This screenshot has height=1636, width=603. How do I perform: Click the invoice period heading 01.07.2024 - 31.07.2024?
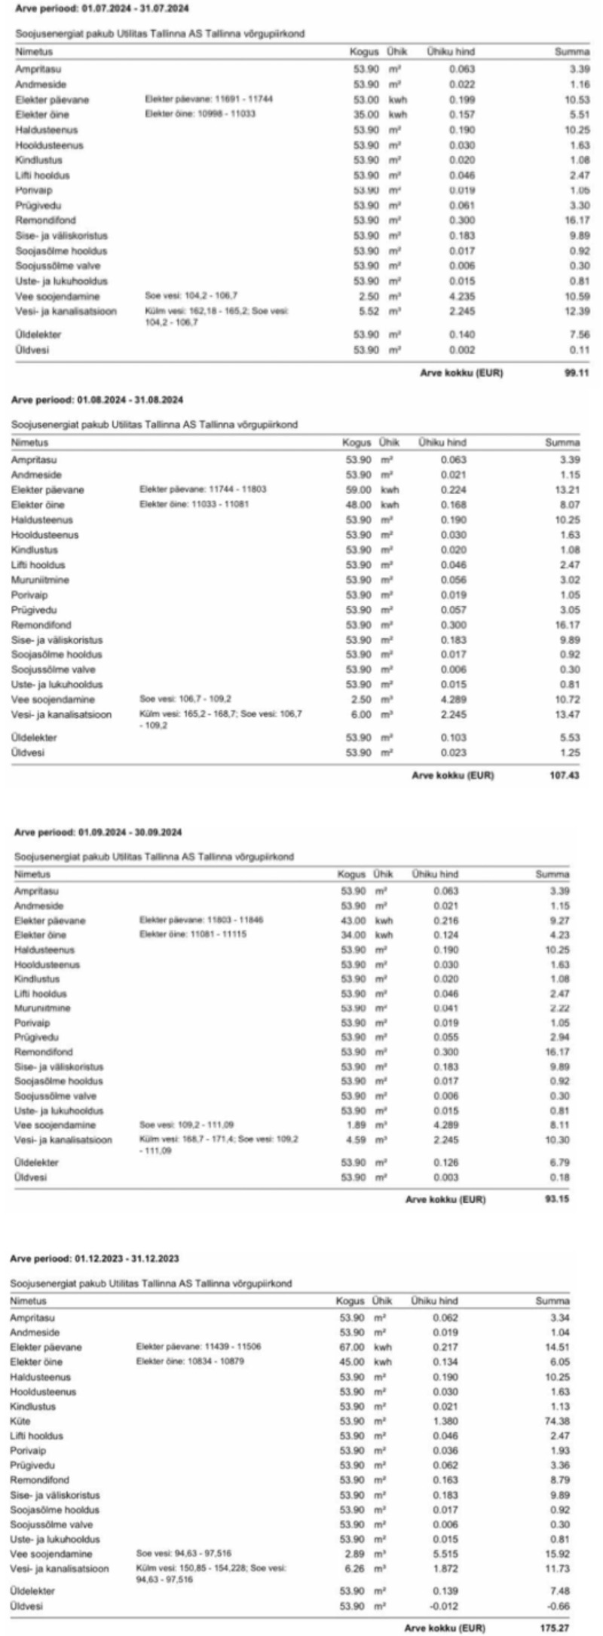pyautogui.click(x=102, y=9)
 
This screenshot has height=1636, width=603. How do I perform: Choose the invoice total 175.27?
pyautogui.click(x=558, y=1627)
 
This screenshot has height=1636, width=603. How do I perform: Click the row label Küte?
pyautogui.click(x=20, y=1421)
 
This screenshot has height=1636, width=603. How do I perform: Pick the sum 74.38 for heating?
pyautogui.click(x=559, y=1421)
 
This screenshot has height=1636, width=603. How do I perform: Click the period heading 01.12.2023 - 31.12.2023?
pyautogui.click(x=94, y=1259)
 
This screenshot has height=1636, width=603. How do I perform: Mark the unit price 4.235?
pyautogui.click(x=462, y=296)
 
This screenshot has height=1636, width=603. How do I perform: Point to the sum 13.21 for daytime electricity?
pyautogui.click(x=568, y=490)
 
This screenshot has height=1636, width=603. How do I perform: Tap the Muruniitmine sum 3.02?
pyautogui.click(x=568, y=579)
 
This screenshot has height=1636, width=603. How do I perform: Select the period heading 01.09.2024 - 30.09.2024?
pyautogui.click(x=98, y=832)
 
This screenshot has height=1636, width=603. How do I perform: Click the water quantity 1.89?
pyautogui.click(x=352, y=1125)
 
